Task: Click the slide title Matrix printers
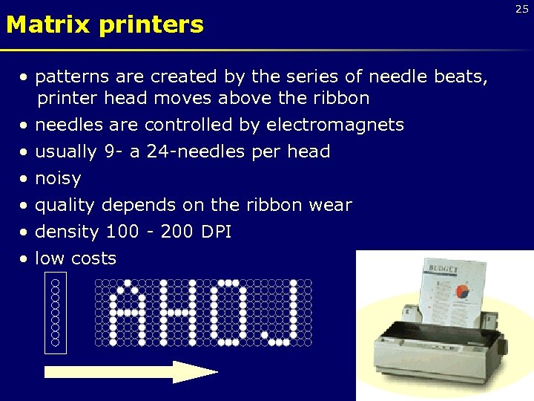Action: coord(105,25)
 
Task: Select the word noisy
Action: coord(58,178)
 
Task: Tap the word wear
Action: coord(332,205)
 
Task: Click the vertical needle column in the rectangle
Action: coord(56,312)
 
